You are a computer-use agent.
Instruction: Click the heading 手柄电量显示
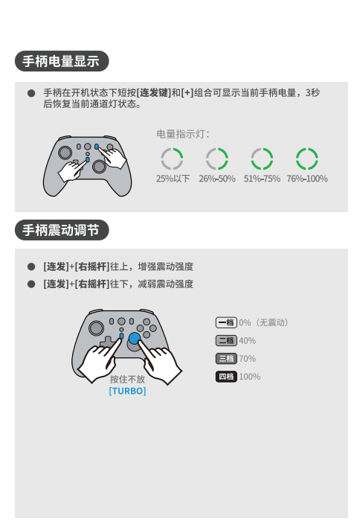coord(61,61)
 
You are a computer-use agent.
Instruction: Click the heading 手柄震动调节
coord(61,230)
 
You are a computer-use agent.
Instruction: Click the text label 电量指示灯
coord(183,134)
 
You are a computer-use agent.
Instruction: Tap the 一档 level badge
coord(226,322)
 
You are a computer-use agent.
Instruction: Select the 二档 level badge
coord(226,341)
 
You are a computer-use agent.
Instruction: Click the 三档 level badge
coord(226,359)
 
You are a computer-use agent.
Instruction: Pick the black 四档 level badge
coord(226,377)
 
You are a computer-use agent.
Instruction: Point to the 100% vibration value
coord(250,377)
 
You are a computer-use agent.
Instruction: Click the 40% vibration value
coord(247,341)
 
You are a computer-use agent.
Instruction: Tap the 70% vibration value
coord(247,359)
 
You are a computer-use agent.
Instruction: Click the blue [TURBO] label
coord(127,391)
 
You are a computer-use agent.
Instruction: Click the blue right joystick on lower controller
coord(135,338)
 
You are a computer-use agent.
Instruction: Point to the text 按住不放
coord(127,380)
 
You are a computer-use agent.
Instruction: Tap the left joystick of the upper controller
coord(65,153)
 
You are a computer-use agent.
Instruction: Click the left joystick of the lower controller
coord(96,328)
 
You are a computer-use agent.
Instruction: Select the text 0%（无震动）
coord(263,322)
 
